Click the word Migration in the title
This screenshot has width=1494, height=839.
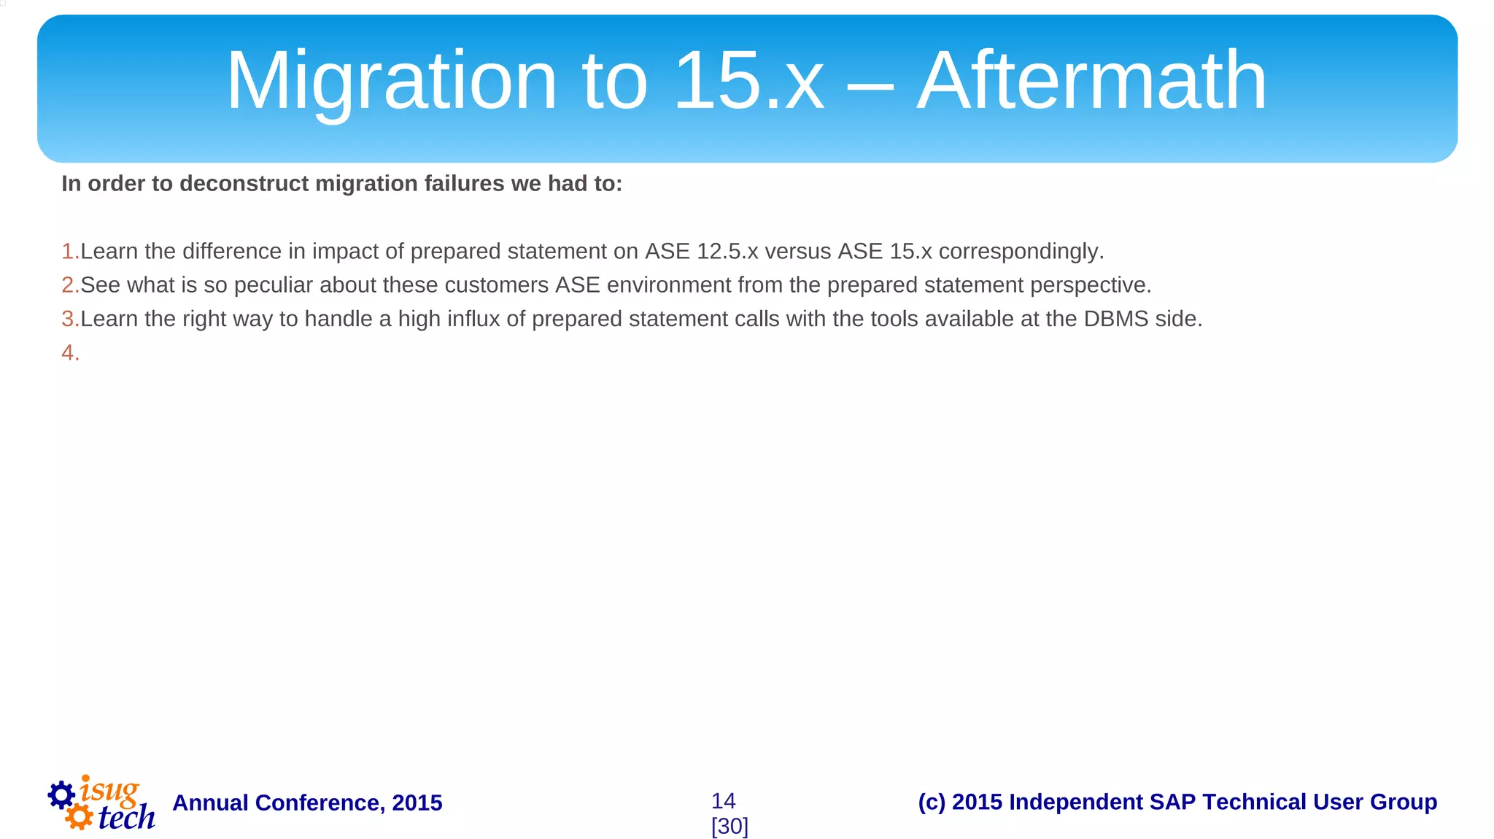[392, 82]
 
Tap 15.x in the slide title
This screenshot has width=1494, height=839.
[748, 82]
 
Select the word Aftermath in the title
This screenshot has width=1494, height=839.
[1091, 82]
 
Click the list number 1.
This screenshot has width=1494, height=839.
[69, 252]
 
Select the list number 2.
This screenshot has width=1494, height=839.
[69, 285]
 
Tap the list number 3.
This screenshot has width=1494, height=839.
[69, 320]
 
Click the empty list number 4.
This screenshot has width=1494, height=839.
[69, 353]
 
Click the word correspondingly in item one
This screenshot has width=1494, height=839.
[1021, 252]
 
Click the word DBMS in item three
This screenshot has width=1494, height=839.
[1116, 320]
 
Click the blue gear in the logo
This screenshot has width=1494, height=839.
[61, 795]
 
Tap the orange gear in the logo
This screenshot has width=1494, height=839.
[79, 816]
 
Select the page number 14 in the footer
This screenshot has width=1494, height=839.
[723, 801]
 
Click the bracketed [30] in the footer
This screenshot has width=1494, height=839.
[729, 827]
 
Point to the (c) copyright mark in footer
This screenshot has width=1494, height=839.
[932, 802]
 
